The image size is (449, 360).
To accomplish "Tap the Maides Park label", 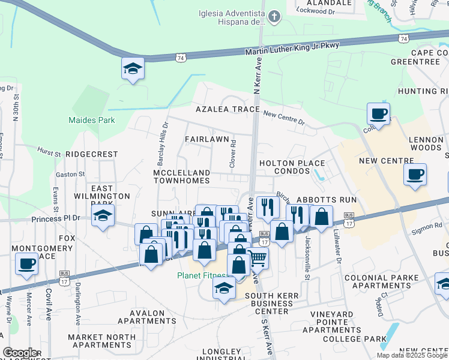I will (91, 120).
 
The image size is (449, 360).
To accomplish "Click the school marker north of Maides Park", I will (133, 69).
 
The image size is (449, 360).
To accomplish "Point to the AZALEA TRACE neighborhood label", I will (228, 110).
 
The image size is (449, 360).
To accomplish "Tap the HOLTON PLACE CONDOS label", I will (292, 167).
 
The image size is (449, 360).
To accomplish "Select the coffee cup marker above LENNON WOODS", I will (378, 113).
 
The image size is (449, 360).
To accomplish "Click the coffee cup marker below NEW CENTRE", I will (415, 175).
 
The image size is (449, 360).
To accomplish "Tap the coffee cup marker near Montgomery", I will (26, 263).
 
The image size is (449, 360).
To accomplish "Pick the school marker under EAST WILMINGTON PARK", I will (103, 217).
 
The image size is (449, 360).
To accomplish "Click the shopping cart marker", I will (258, 258).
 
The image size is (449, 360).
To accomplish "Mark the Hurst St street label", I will (49, 152).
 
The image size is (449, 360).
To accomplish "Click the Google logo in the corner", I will (21, 352).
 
